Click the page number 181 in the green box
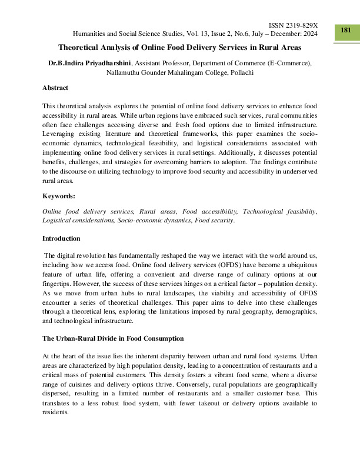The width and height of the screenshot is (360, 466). [x=346, y=30]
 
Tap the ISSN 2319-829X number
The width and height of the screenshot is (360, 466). [x=293, y=26]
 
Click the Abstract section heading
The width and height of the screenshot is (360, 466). [x=55, y=88]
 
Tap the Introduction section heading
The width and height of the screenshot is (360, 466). [x=62, y=238]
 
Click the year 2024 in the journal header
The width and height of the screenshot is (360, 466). [x=309, y=34]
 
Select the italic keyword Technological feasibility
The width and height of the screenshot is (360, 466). [x=279, y=211]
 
